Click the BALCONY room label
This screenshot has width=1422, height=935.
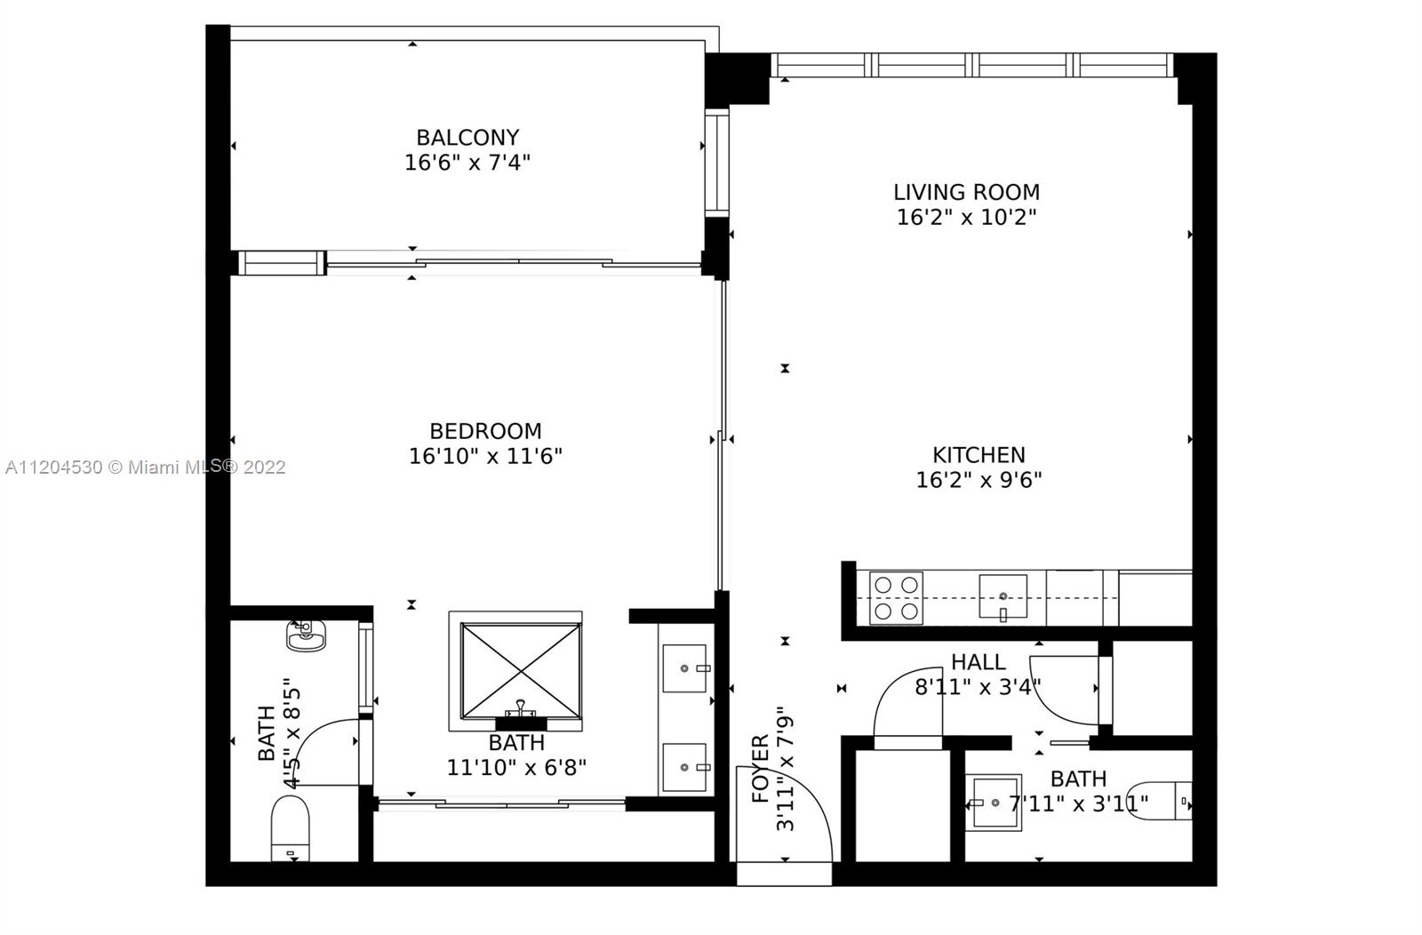click(x=467, y=137)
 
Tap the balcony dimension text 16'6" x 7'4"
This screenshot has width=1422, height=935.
click(x=467, y=163)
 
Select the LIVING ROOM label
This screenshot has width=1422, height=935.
click(x=966, y=192)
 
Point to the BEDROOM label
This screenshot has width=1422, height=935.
click(x=485, y=431)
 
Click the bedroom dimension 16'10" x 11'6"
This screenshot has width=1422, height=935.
click(x=485, y=457)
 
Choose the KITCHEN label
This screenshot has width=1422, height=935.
click(x=979, y=454)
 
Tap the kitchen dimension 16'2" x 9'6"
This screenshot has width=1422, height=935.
click(x=979, y=480)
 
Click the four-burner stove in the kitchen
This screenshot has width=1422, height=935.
click(x=896, y=598)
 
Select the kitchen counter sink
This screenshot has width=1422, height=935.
click(x=1003, y=596)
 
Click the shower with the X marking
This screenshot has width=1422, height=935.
click(x=521, y=671)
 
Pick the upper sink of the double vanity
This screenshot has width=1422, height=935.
click(x=684, y=668)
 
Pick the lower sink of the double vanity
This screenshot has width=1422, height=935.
click(x=684, y=767)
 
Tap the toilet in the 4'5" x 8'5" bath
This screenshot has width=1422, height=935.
click(x=290, y=828)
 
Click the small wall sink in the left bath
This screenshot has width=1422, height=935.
click(x=306, y=635)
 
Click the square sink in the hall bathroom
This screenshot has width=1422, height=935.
click(x=994, y=803)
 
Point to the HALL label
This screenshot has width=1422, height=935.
click(x=979, y=662)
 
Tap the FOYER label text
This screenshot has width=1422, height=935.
click(x=760, y=769)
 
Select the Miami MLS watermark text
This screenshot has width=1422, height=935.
click(x=146, y=467)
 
